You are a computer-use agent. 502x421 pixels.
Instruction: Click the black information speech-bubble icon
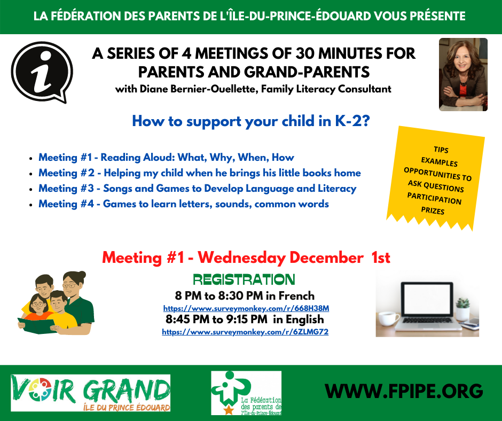tap(42, 72)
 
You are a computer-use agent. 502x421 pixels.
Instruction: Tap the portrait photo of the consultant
tap(463, 75)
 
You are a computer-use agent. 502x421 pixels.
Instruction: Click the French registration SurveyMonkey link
tap(246, 308)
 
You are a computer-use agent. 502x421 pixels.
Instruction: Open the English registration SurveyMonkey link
tap(245, 332)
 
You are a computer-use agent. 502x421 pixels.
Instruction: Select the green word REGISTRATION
tap(244, 280)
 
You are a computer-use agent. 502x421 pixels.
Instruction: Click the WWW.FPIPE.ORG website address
tap(404, 391)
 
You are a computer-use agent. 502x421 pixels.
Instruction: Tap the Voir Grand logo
tap(91, 393)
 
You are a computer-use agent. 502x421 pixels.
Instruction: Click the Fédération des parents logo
tap(246, 393)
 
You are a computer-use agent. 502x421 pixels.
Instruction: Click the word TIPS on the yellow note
tap(441, 150)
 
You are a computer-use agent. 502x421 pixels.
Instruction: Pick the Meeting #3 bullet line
tap(198, 189)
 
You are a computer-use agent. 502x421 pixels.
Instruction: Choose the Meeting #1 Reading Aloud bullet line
tap(166, 157)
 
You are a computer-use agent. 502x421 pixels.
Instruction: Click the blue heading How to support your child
tap(250, 121)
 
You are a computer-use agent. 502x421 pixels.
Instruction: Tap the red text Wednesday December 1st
tap(294, 258)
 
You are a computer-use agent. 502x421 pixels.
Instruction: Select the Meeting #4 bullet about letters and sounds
tap(184, 204)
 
